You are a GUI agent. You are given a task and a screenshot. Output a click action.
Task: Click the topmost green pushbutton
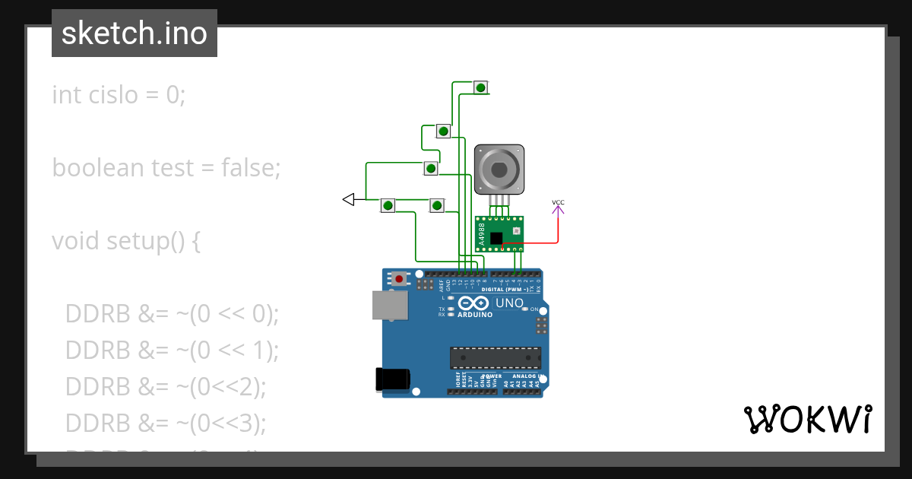click(x=480, y=87)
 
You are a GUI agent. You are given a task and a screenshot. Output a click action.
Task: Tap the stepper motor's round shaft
click(x=499, y=169)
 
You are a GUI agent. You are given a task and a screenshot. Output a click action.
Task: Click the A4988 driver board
click(x=499, y=233)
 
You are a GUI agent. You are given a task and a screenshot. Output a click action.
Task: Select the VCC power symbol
click(x=558, y=203)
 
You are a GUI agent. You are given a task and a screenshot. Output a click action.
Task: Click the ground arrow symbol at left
click(x=349, y=199)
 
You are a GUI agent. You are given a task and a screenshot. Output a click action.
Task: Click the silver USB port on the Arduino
click(x=388, y=305)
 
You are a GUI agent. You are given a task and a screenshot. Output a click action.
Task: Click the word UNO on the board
click(x=509, y=303)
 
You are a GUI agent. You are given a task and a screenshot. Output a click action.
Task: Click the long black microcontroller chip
click(x=495, y=357)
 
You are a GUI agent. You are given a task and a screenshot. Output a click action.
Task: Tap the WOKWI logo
click(x=807, y=420)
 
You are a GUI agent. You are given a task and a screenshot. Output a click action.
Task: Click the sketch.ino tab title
click(x=134, y=33)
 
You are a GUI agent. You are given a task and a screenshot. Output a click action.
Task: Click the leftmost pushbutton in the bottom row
click(x=388, y=205)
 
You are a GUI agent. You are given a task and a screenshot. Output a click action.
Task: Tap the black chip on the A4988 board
click(x=496, y=239)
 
